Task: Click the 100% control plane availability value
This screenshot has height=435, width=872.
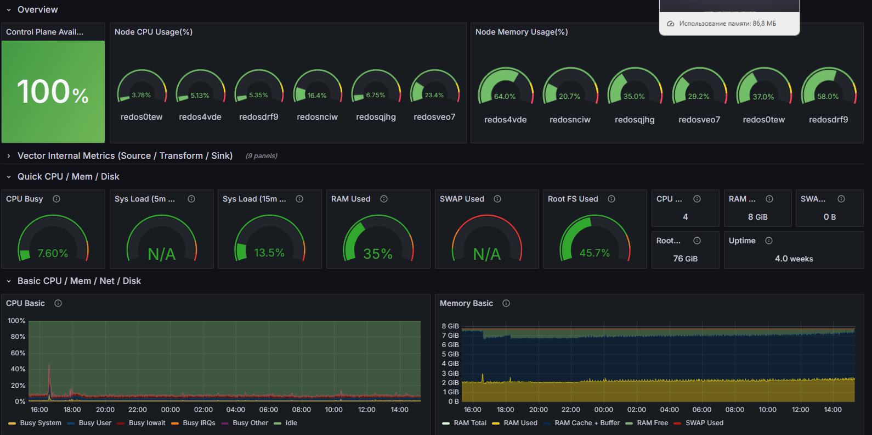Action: [x=53, y=92]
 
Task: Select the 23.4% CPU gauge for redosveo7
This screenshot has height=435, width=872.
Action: [x=434, y=95]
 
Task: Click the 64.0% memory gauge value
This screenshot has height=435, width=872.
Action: [x=505, y=96]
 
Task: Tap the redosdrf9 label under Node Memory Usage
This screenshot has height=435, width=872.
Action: [x=828, y=119]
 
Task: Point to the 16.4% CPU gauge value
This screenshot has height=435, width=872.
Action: [x=317, y=95]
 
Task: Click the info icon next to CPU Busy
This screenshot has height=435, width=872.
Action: [x=56, y=199]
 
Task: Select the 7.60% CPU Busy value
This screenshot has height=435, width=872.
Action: [x=53, y=253]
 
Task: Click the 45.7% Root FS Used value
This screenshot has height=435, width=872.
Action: [x=594, y=253]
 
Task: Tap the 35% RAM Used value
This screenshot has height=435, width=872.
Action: [x=378, y=254]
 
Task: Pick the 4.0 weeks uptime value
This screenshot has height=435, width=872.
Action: [x=794, y=259]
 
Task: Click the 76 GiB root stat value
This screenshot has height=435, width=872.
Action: [x=685, y=259]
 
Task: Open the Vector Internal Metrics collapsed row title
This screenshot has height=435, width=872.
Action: [x=125, y=156]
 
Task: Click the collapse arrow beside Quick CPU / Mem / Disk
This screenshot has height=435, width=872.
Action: [x=9, y=177]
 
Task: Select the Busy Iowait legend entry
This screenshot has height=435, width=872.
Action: [x=146, y=423]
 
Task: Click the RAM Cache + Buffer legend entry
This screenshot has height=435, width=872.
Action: [x=586, y=423]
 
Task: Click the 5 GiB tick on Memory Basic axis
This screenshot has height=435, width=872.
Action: [x=450, y=354]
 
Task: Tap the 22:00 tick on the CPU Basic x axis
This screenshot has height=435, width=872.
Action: [x=138, y=410]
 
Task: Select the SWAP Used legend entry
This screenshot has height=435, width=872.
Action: [x=704, y=423]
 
